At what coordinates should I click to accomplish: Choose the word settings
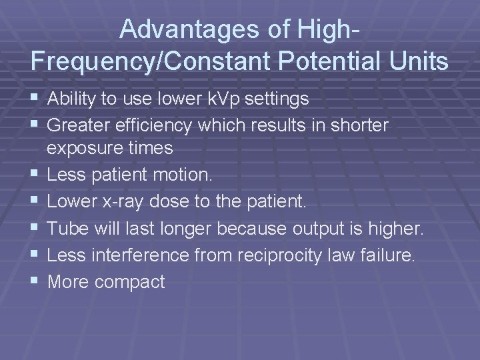coord(277,99)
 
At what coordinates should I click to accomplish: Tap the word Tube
coord(65,229)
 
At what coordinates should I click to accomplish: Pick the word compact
coord(129,282)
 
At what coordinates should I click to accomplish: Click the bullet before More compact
coord(35,281)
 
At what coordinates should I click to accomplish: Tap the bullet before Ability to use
coord(35,99)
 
